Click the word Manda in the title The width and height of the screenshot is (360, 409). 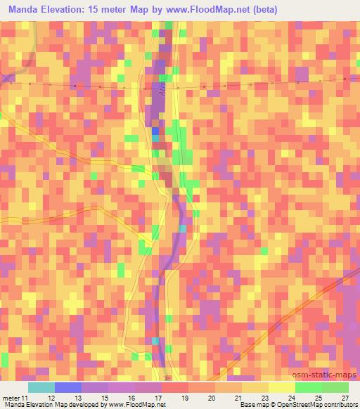coord(25,10)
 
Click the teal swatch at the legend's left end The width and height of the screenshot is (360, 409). coord(41,387)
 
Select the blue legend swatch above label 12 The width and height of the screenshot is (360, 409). coord(67,387)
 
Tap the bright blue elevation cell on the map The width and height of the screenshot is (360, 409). coord(155,130)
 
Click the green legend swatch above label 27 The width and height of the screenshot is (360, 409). coord(335,387)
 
